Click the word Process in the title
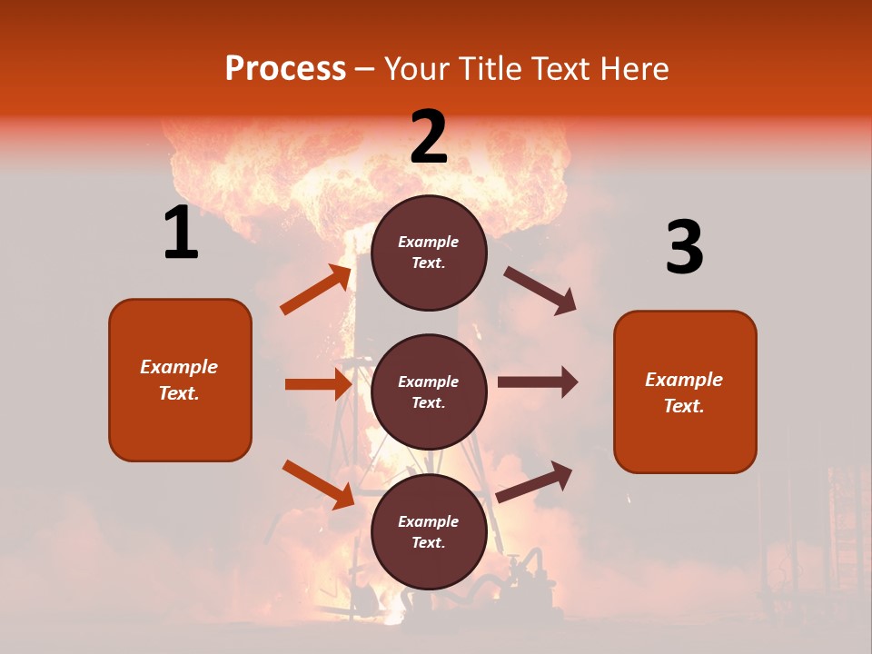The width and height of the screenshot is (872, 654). pos(285,69)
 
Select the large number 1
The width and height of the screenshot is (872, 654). pos(181,233)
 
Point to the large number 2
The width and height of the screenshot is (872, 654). pos(429,137)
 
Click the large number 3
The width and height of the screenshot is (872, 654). pos(684,248)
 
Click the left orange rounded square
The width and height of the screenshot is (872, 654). pos(180,380)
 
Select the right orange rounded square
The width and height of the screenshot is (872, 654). pos(685,391)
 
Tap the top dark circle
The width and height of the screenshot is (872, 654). pos(429,253)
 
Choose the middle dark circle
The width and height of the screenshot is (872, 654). pos(429,391)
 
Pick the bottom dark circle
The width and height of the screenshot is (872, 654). pos(429,531)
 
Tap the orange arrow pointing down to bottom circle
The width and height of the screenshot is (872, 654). pos(318,484)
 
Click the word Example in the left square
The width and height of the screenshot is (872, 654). pos(179,367)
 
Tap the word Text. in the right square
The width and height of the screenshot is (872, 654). pos(684,406)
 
